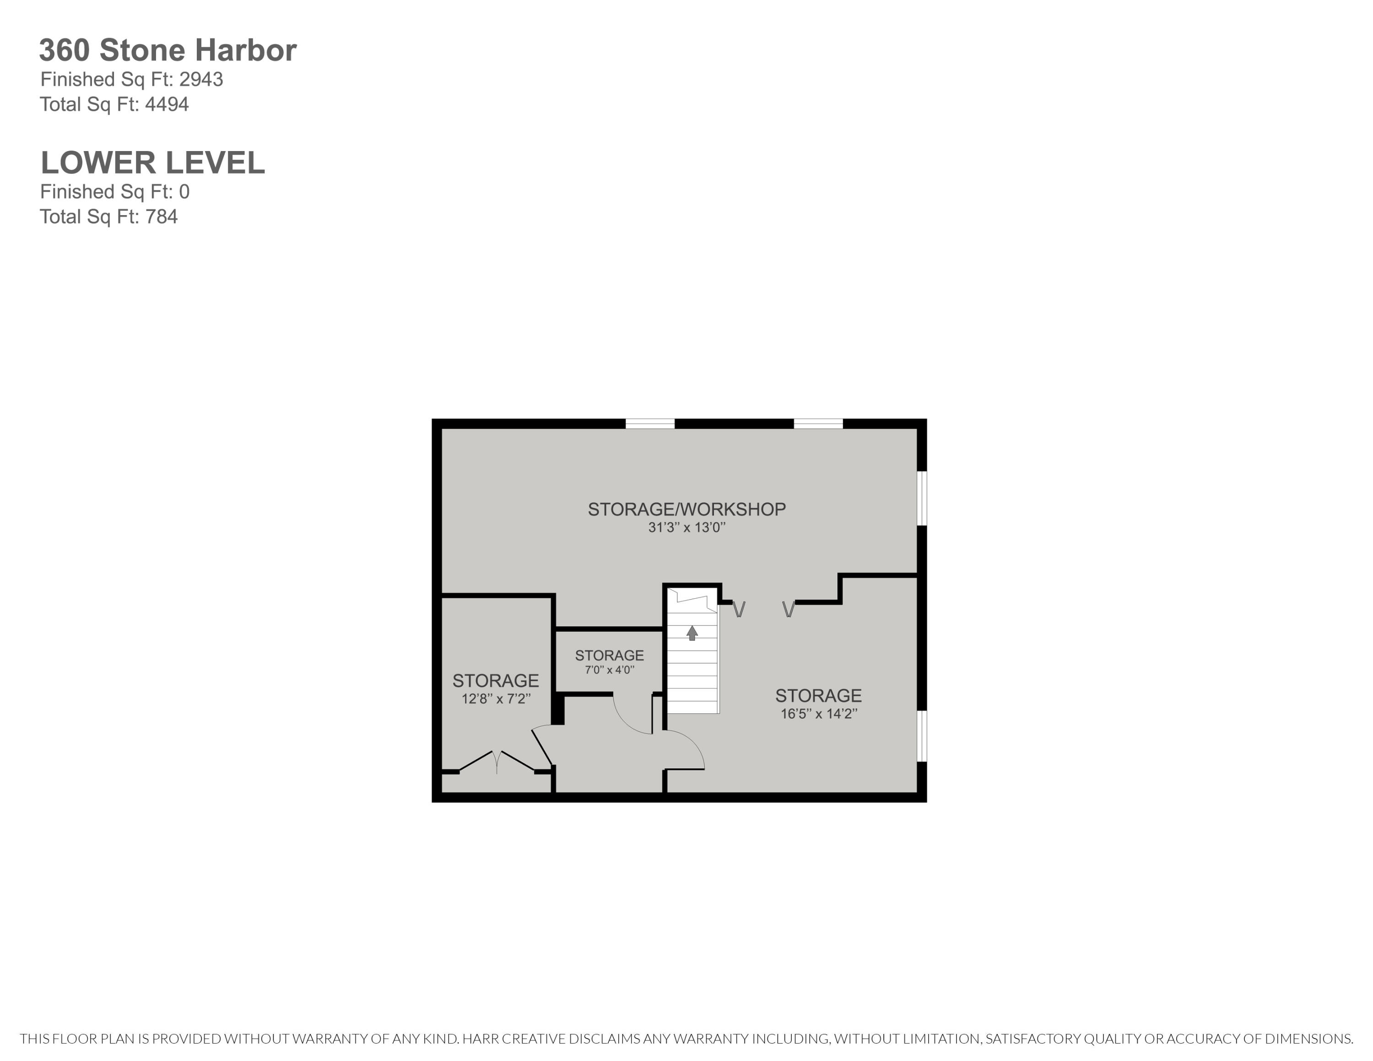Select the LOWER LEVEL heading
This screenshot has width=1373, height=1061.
click(153, 163)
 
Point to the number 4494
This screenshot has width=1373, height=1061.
click(167, 104)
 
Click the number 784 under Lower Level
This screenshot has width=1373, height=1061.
click(161, 217)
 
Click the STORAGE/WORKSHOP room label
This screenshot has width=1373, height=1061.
click(686, 509)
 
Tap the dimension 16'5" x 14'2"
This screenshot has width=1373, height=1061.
click(818, 714)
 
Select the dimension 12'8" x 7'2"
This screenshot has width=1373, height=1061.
click(496, 699)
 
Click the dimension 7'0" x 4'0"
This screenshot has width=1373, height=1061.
click(609, 670)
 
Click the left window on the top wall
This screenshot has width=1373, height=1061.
click(649, 424)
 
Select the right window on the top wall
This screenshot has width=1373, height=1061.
click(818, 424)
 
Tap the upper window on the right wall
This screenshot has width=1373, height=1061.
click(922, 498)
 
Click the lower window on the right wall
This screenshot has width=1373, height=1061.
click(922, 736)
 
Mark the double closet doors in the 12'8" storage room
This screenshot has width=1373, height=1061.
click(497, 762)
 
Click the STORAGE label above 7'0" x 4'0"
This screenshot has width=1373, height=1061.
click(609, 655)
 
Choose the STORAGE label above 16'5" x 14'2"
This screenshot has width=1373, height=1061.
click(818, 696)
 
